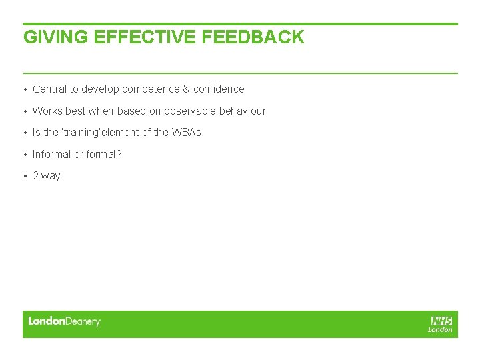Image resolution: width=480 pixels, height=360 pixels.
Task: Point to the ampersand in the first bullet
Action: [x=186, y=89]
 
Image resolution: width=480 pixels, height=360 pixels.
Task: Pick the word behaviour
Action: [x=243, y=111]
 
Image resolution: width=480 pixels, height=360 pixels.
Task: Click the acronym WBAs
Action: [x=186, y=133]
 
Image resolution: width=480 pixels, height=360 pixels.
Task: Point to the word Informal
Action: [x=51, y=155]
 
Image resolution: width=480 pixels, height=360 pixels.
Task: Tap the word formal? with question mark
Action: [x=104, y=155]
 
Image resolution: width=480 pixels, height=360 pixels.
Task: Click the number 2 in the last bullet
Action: [x=36, y=176]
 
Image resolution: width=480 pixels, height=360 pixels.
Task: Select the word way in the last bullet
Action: [x=51, y=177]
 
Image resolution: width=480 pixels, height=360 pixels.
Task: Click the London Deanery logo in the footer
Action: [x=64, y=321]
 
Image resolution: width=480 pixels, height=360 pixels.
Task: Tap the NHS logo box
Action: [x=441, y=321]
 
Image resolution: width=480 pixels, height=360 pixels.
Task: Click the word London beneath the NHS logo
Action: [x=440, y=329]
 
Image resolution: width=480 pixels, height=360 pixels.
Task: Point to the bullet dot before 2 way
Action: [x=25, y=176]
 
